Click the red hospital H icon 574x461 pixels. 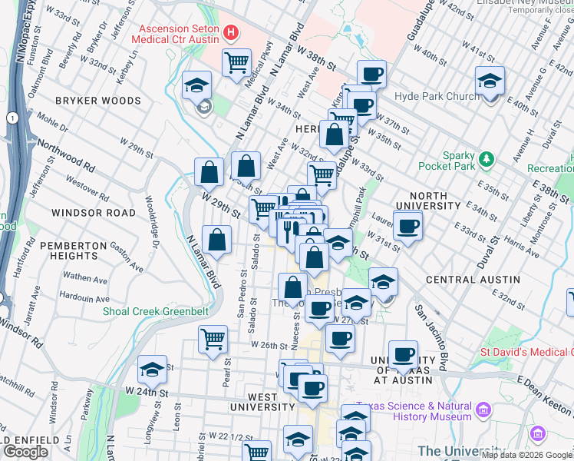pos(231,35)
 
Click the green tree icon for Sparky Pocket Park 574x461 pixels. pos(485,160)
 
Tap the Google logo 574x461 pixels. pos(26,452)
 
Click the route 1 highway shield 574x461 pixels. pos(13,118)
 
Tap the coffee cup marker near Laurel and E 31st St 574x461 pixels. pos(407,226)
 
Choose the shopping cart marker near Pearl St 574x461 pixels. pos(213,339)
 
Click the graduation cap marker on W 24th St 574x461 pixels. pos(152,370)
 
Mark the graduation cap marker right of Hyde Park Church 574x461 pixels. pos(489,81)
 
